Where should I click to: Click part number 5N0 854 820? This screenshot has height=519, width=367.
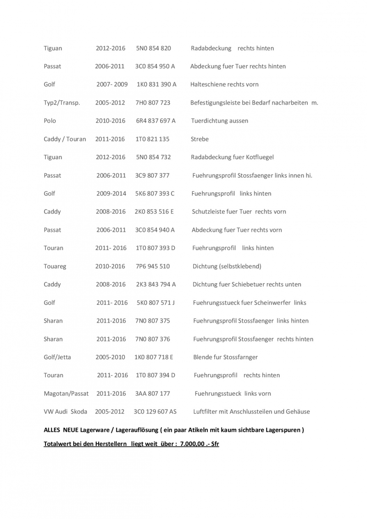click(x=154, y=48)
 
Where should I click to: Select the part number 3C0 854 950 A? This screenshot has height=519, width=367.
click(x=155, y=67)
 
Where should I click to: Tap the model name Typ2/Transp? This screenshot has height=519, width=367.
click(x=62, y=103)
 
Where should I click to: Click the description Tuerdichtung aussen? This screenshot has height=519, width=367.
click(x=220, y=121)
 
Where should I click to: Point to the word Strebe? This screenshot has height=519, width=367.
click(x=200, y=139)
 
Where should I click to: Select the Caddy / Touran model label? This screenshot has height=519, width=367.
click(x=65, y=139)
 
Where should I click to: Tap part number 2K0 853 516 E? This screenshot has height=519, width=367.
click(x=155, y=212)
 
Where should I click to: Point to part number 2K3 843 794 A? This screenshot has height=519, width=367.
click(x=156, y=285)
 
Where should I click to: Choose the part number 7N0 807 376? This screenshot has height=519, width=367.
click(x=153, y=339)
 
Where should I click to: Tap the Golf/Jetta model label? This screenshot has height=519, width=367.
click(x=57, y=357)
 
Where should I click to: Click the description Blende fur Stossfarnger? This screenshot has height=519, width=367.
click(x=226, y=357)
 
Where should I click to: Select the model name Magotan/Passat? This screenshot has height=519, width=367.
click(x=66, y=393)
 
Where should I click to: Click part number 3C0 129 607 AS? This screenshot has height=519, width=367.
click(x=155, y=412)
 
